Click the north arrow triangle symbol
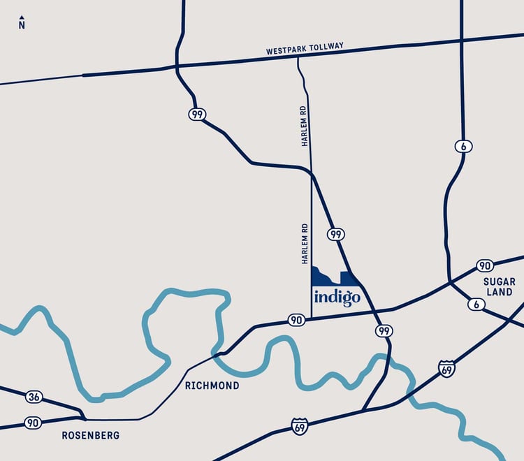point(22,17)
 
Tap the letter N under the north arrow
point(22,26)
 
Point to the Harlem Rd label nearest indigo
point(305,244)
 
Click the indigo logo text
point(337,296)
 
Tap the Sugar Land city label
point(499,286)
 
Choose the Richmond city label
point(212,386)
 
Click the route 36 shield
point(34,397)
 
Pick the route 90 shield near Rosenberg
point(33,423)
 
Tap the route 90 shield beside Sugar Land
point(485,265)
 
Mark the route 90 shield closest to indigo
point(296,320)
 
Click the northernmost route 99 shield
point(196,114)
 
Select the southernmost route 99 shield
point(383,330)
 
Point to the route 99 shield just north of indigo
point(336,234)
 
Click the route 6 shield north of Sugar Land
point(463,146)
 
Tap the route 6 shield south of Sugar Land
point(476,304)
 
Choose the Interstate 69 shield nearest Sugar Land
point(446,368)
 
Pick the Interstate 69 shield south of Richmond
point(300,426)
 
